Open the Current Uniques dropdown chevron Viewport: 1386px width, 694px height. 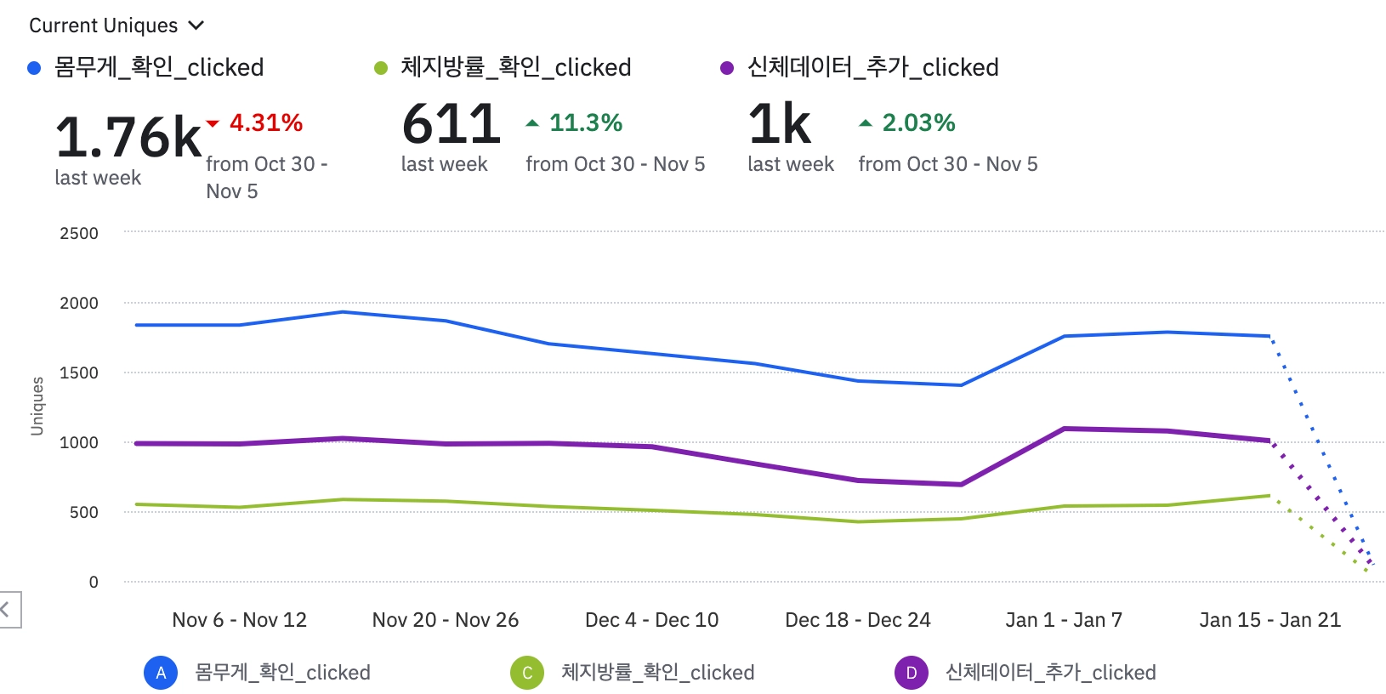(196, 26)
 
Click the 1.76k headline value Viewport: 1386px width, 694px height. (128, 136)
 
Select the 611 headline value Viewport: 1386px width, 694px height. (452, 123)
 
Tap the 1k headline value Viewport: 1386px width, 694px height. (780, 123)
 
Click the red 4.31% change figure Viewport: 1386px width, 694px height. (266, 122)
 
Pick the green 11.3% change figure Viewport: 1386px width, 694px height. (586, 122)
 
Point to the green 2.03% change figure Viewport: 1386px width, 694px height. (918, 122)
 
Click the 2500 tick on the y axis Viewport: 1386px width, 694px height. (79, 233)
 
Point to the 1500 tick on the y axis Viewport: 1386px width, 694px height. (79, 373)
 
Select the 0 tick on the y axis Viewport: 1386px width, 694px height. (94, 582)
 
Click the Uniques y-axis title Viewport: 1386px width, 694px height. (37, 406)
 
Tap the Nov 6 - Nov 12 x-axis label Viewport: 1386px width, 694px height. (239, 620)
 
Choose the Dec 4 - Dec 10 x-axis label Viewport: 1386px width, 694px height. (651, 620)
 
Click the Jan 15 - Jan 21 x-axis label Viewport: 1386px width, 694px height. (1270, 620)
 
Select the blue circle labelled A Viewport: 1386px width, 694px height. (161, 673)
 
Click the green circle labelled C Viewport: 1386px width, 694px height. (527, 673)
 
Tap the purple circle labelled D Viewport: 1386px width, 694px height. (912, 673)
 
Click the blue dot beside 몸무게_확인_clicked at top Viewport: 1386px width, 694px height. (34, 68)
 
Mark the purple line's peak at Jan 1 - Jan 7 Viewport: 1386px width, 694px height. (1065, 429)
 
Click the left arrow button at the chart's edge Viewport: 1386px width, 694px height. (7, 609)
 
